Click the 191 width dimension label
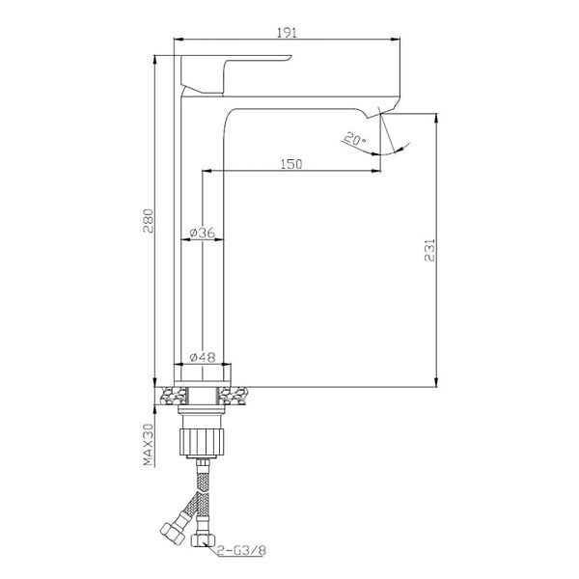click(287, 33)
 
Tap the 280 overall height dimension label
click(148, 221)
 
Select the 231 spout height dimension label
click(429, 250)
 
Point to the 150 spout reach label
click(291, 164)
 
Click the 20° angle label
click(354, 139)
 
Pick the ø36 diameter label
click(202, 233)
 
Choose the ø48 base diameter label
click(202, 357)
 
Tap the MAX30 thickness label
click(148, 445)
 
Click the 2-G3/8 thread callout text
click(241, 551)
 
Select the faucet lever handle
click(236, 74)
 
